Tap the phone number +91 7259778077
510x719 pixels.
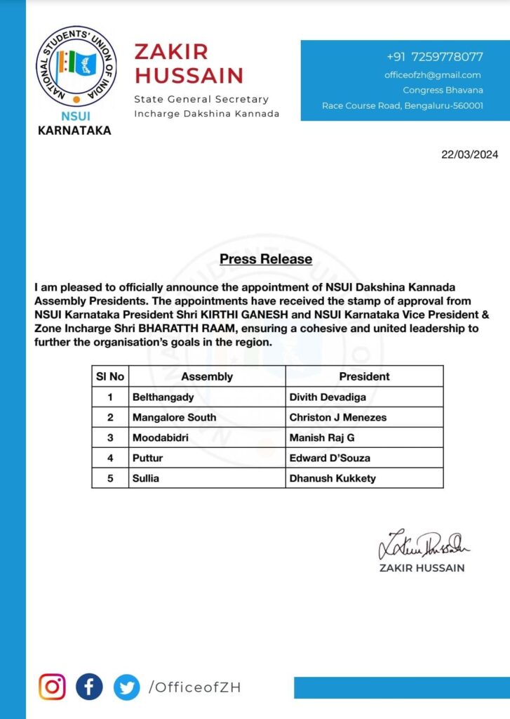click(x=434, y=57)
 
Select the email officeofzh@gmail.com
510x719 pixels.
click(x=432, y=75)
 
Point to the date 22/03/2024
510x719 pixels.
click(x=469, y=155)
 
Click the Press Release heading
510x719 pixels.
click(x=266, y=259)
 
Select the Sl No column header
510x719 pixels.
click(x=110, y=376)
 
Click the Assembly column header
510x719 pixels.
click(x=207, y=376)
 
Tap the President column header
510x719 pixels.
click(x=364, y=376)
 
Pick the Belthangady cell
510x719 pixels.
click(x=163, y=397)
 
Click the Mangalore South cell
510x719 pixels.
click(x=174, y=417)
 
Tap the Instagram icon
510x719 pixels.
click(x=52, y=687)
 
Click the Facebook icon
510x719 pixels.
click(x=89, y=687)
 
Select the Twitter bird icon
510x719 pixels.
click(x=126, y=687)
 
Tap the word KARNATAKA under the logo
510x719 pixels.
click(x=74, y=130)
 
